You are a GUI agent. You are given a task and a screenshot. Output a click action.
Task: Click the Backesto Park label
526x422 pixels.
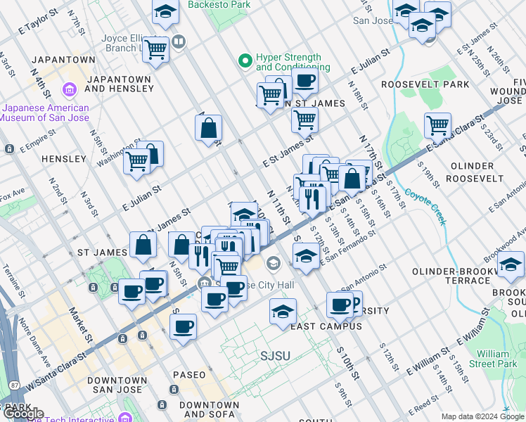219,5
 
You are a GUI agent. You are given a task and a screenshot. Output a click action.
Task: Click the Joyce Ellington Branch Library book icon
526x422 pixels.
179,42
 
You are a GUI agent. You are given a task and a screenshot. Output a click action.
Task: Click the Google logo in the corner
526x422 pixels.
23,414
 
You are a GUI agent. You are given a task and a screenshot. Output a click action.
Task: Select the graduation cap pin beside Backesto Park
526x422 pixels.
165,11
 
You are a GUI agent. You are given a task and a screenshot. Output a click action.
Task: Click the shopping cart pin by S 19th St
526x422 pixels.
437,125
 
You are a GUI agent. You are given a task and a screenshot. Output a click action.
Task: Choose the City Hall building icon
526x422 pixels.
273,264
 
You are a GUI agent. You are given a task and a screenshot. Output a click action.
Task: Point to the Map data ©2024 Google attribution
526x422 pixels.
482,416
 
